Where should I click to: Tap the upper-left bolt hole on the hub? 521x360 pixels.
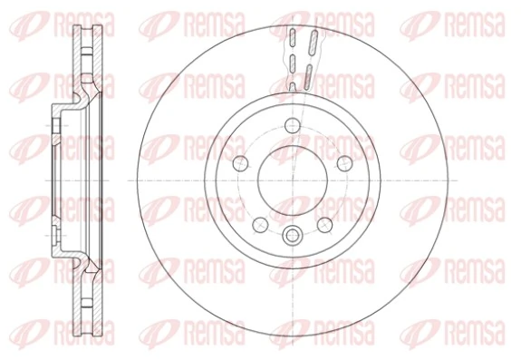[x=242, y=163]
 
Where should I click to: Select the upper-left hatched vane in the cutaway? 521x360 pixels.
[x=293, y=41]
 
